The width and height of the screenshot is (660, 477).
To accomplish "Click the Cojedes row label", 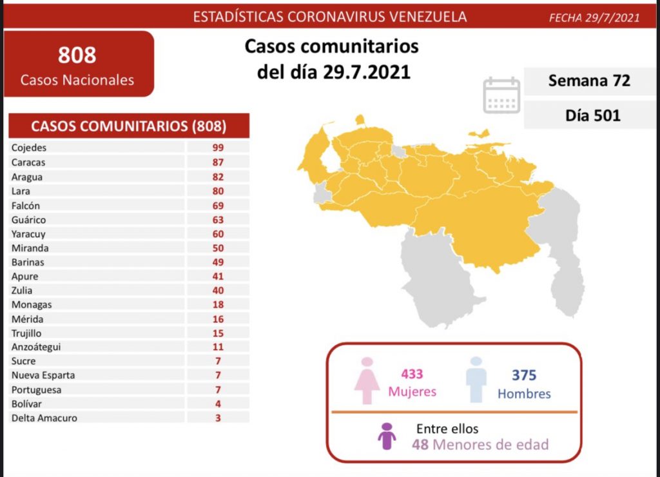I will click(29, 148).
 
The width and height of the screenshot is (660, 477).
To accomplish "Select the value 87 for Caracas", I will click(217, 162).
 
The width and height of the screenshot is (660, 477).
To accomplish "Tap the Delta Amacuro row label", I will click(44, 418).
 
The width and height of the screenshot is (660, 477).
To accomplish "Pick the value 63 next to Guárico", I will click(217, 220).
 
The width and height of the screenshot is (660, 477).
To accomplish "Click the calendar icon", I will click(501, 95).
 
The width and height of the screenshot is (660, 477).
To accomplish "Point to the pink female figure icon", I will click(367, 381).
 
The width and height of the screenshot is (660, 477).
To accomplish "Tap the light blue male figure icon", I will click(476, 381).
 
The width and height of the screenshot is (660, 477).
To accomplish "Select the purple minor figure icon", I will click(387, 436).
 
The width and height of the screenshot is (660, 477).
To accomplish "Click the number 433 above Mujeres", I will click(412, 375).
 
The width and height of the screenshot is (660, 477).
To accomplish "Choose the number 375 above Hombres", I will click(524, 375).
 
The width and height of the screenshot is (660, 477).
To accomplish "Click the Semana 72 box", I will click(588, 81).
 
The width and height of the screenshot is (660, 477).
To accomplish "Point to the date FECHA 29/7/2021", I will click(594, 17).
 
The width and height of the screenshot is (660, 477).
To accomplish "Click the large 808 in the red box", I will click(77, 55).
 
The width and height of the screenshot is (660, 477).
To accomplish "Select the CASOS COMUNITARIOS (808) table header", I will click(129, 126).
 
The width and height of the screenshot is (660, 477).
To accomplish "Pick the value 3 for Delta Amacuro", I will click(218, 418).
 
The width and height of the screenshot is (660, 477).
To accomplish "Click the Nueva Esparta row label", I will click(43, 375).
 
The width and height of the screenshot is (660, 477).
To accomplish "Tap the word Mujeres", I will click(412, 392).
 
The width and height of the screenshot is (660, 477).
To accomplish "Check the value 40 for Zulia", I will click(217, 291).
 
